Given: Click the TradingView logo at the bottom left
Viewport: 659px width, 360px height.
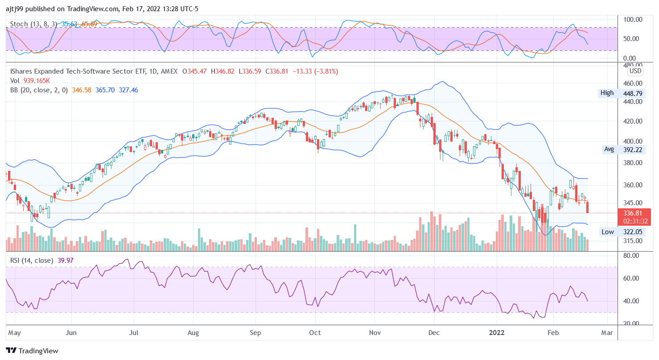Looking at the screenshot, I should [32, 351].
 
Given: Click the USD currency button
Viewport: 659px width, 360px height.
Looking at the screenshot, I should [635, 71].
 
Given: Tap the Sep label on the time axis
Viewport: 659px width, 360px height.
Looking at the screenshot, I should [255, 333].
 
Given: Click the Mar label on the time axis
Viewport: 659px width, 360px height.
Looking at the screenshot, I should [607, 333].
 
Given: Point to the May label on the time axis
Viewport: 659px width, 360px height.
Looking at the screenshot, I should [15, 333].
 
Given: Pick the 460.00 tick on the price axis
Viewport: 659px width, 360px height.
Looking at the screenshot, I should [632, 83].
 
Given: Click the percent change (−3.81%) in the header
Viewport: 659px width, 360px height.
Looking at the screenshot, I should [326, 71].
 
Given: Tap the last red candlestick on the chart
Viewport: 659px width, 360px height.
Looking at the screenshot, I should [587, 207].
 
